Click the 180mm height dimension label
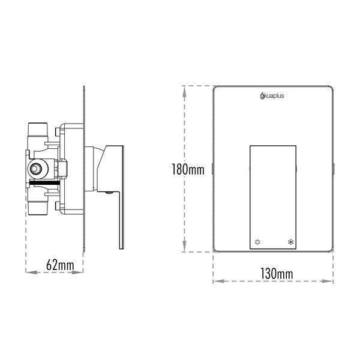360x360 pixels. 188,170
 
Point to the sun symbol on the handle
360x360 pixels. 258,242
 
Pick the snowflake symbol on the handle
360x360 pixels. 291,242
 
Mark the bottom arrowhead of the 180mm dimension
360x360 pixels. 187,251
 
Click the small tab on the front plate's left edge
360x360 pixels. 212,170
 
